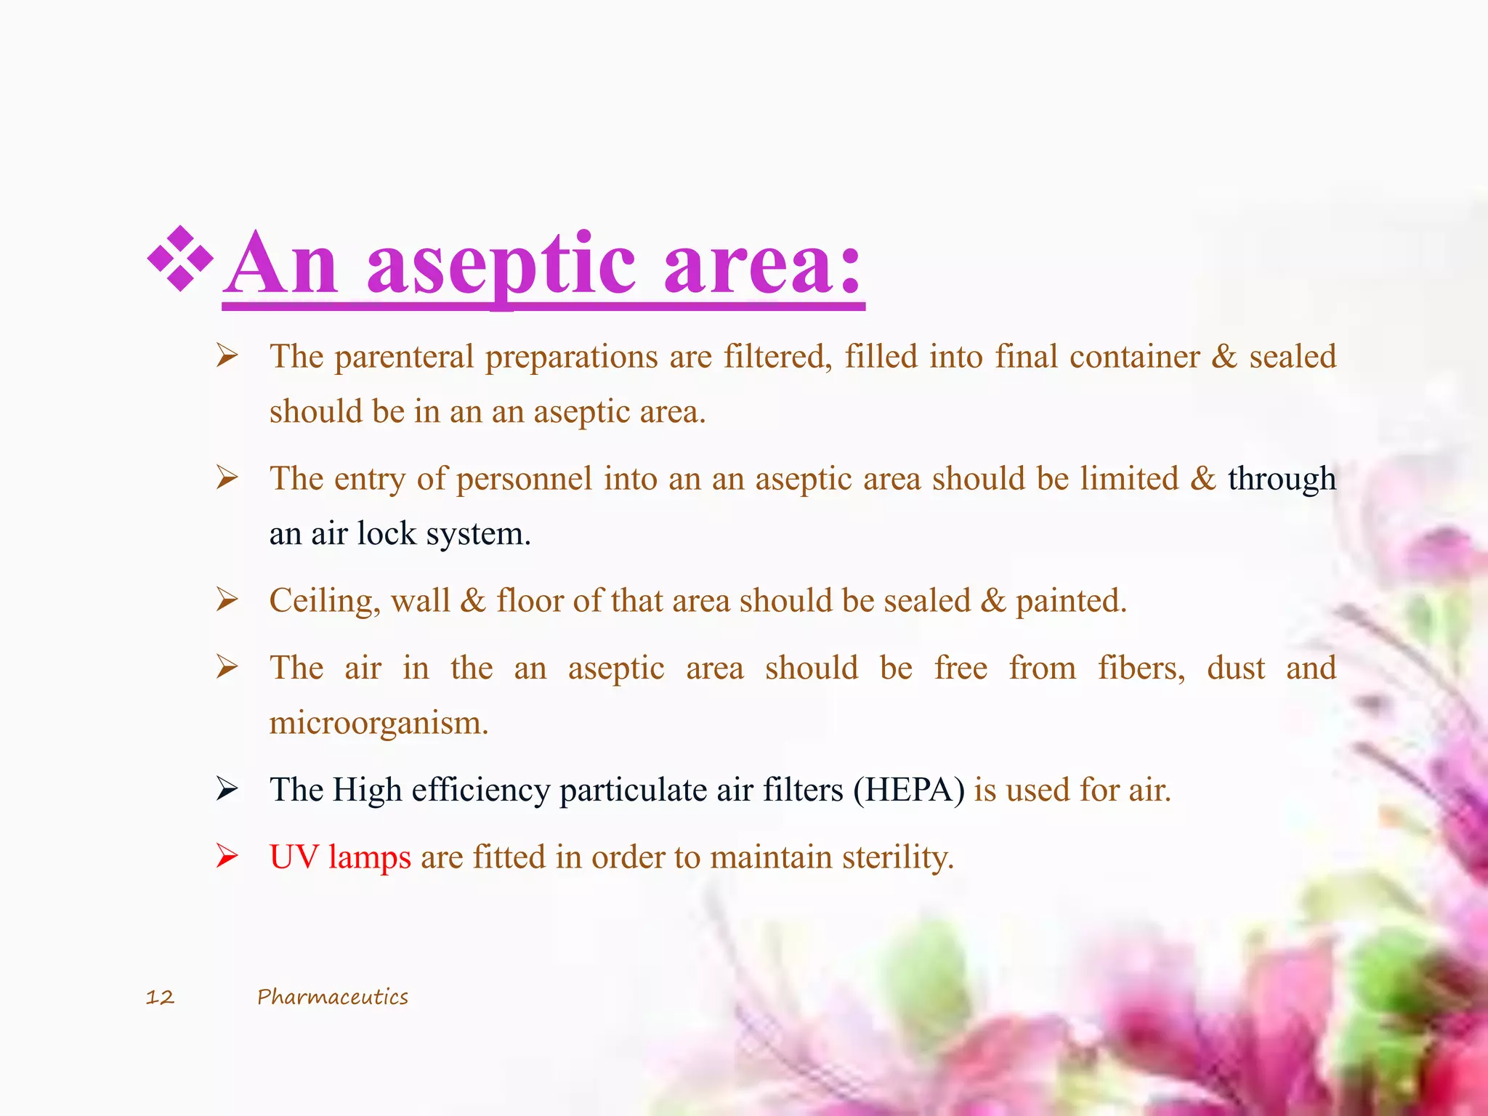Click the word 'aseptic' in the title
click(x=501, y=265)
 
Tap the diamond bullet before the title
click(x=179, y=259)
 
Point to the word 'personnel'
click(x=524, y=479)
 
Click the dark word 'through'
click(x=1282, y=479)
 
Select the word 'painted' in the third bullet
click(x=1070, y=601)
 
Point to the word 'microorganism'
click(x=378, y=723)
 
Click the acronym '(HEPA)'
click(x=909, y=790)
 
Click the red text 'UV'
click(x=294, y=857)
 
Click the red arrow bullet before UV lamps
click(x=227, y=857)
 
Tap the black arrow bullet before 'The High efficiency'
click(x=227, y=789)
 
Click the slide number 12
click(x=160, y=997)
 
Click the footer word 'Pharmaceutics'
click(x=332, y=997)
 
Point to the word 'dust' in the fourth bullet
click(x=1235, y=668)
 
